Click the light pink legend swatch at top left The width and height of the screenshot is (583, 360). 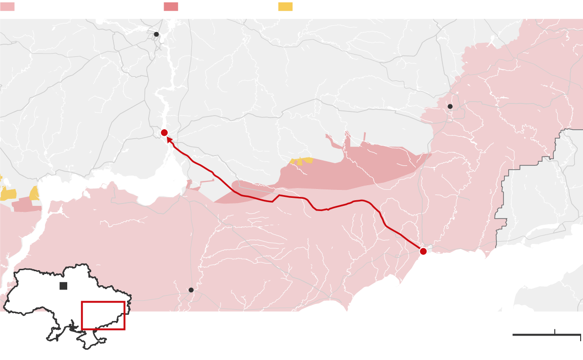pos(7,7)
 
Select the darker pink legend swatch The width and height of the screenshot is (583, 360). pos(171,7)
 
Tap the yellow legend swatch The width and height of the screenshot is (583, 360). pos(285,7)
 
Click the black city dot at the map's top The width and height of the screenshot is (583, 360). pos(157,34)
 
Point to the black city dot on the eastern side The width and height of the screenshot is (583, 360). pos(450,106)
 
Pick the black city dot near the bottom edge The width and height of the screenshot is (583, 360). pos(191,290)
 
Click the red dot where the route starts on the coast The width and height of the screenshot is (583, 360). pos(423,251)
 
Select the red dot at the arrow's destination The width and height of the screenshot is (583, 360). pos(164,133)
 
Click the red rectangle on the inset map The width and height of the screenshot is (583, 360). pos(103,302)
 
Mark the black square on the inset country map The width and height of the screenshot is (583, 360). pos(63,286)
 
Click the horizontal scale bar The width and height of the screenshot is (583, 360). pos(536,335)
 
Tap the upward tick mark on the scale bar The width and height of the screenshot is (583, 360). pos(555,332)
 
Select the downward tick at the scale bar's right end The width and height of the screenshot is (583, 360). pos(580,337)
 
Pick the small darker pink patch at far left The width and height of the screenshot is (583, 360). pos(26,205)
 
